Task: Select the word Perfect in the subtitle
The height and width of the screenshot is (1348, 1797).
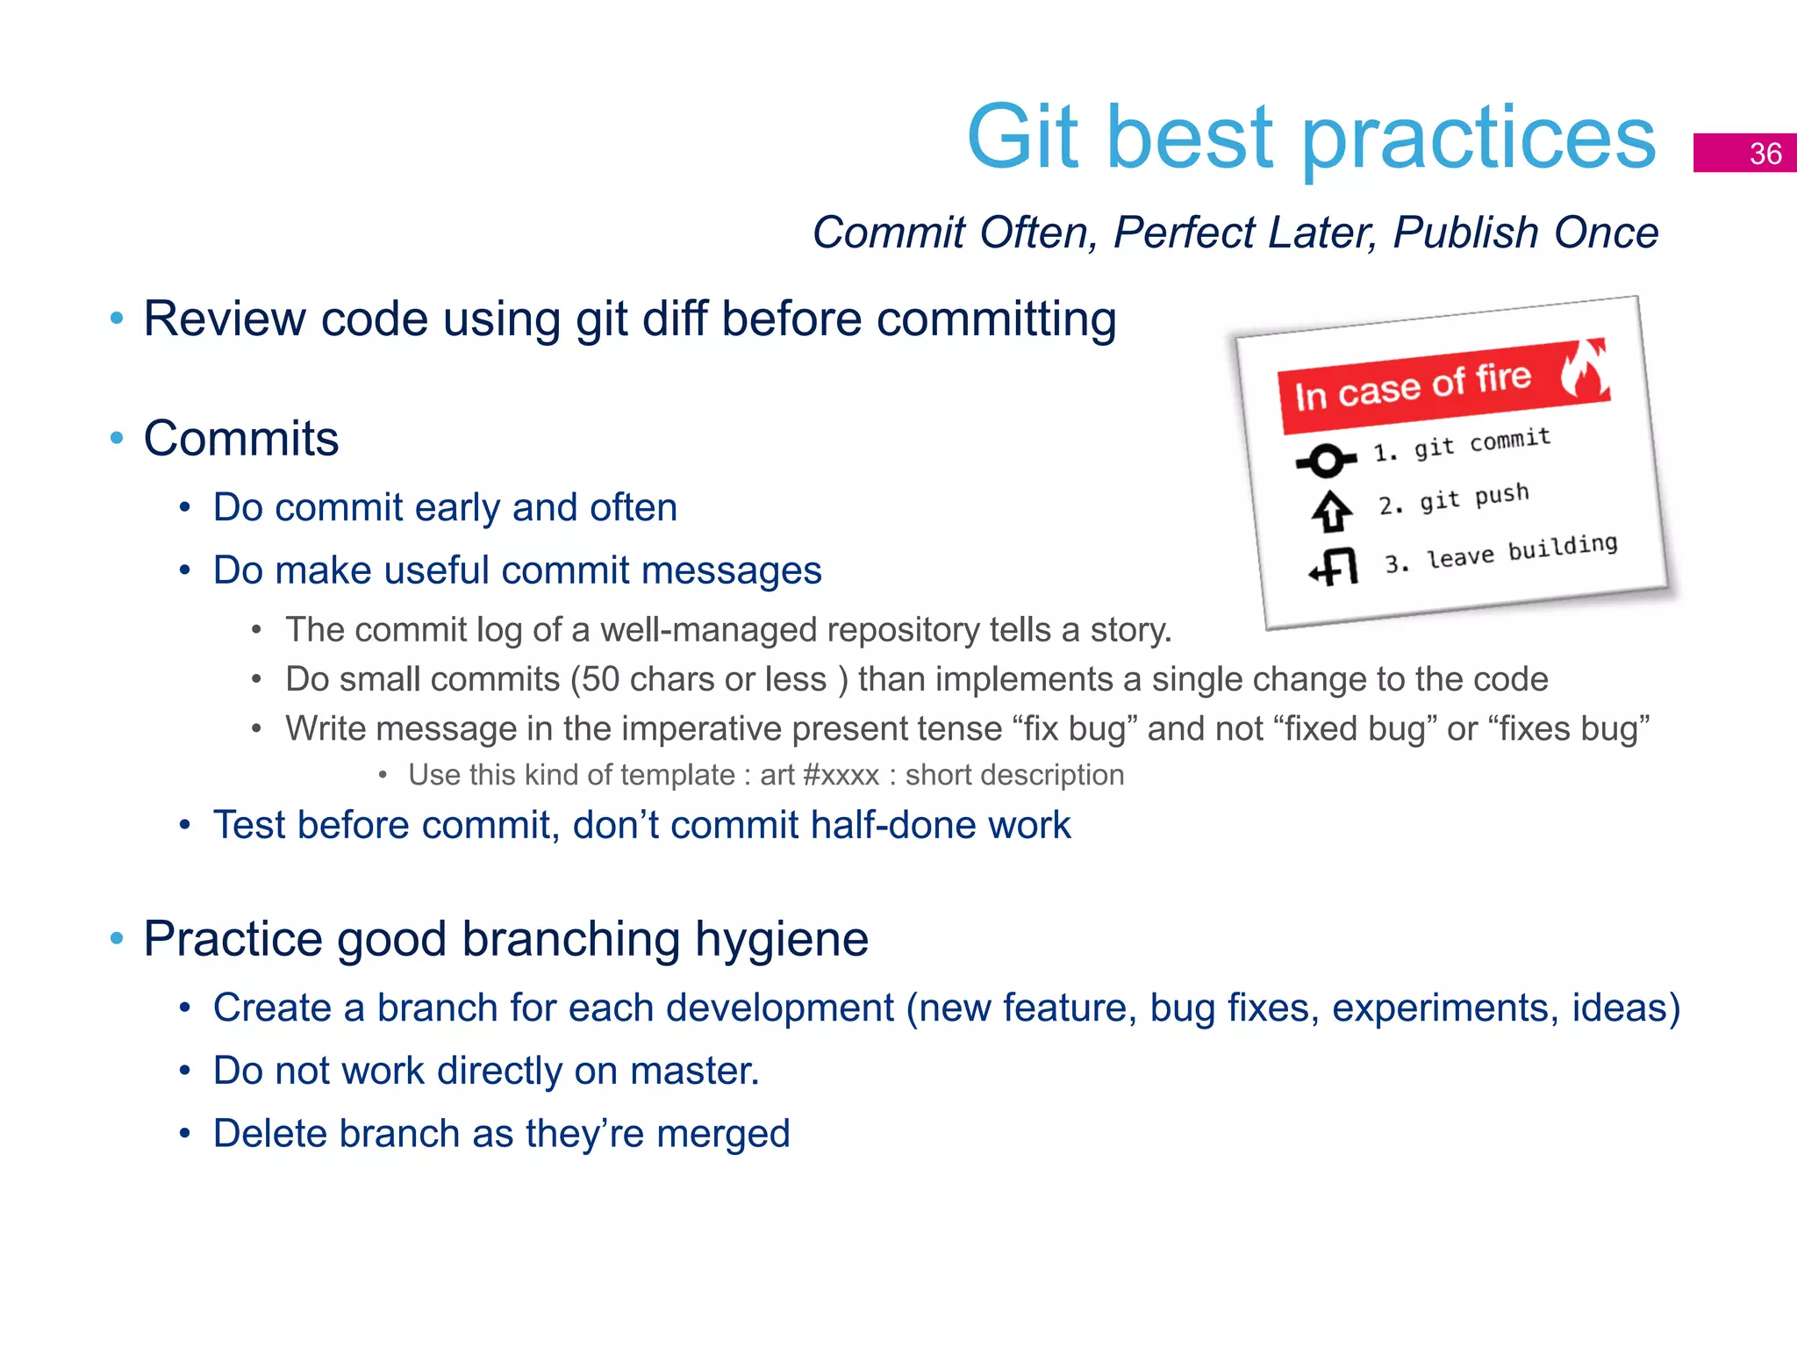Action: [x=1184, y=233]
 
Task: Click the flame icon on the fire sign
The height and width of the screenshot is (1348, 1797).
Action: [x=1585, y=369]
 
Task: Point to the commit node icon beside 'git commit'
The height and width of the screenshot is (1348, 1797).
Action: [x=1326, y=460]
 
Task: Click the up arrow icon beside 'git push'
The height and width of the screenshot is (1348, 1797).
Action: [x=1332, y=511]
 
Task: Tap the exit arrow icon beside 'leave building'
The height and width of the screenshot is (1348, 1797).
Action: [x=1334, y=566]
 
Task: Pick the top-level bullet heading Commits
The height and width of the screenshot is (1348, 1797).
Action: [x=240, y=438]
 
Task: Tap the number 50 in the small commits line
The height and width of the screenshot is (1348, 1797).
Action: [x=601, y=679]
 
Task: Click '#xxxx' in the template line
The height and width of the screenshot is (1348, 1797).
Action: [x=840, y=775]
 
